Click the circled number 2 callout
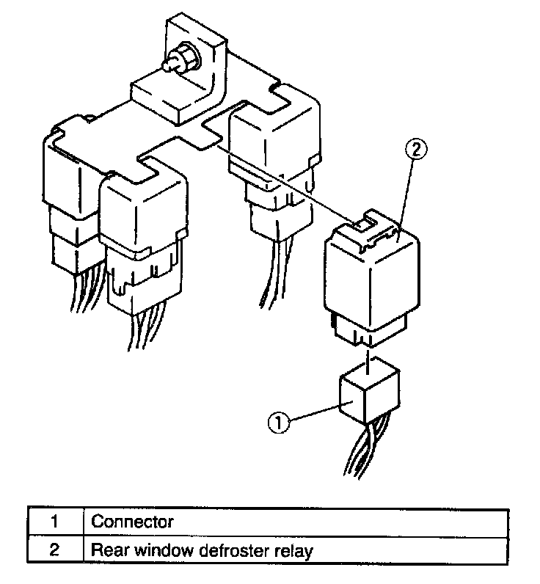[x=415, y=151]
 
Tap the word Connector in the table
[x=132, y=522]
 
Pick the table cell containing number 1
[x=55, y=522]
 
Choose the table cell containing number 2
[x=55, y=550]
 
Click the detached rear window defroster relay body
[x=371, y=275]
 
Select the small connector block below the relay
[x=369, y=397]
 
